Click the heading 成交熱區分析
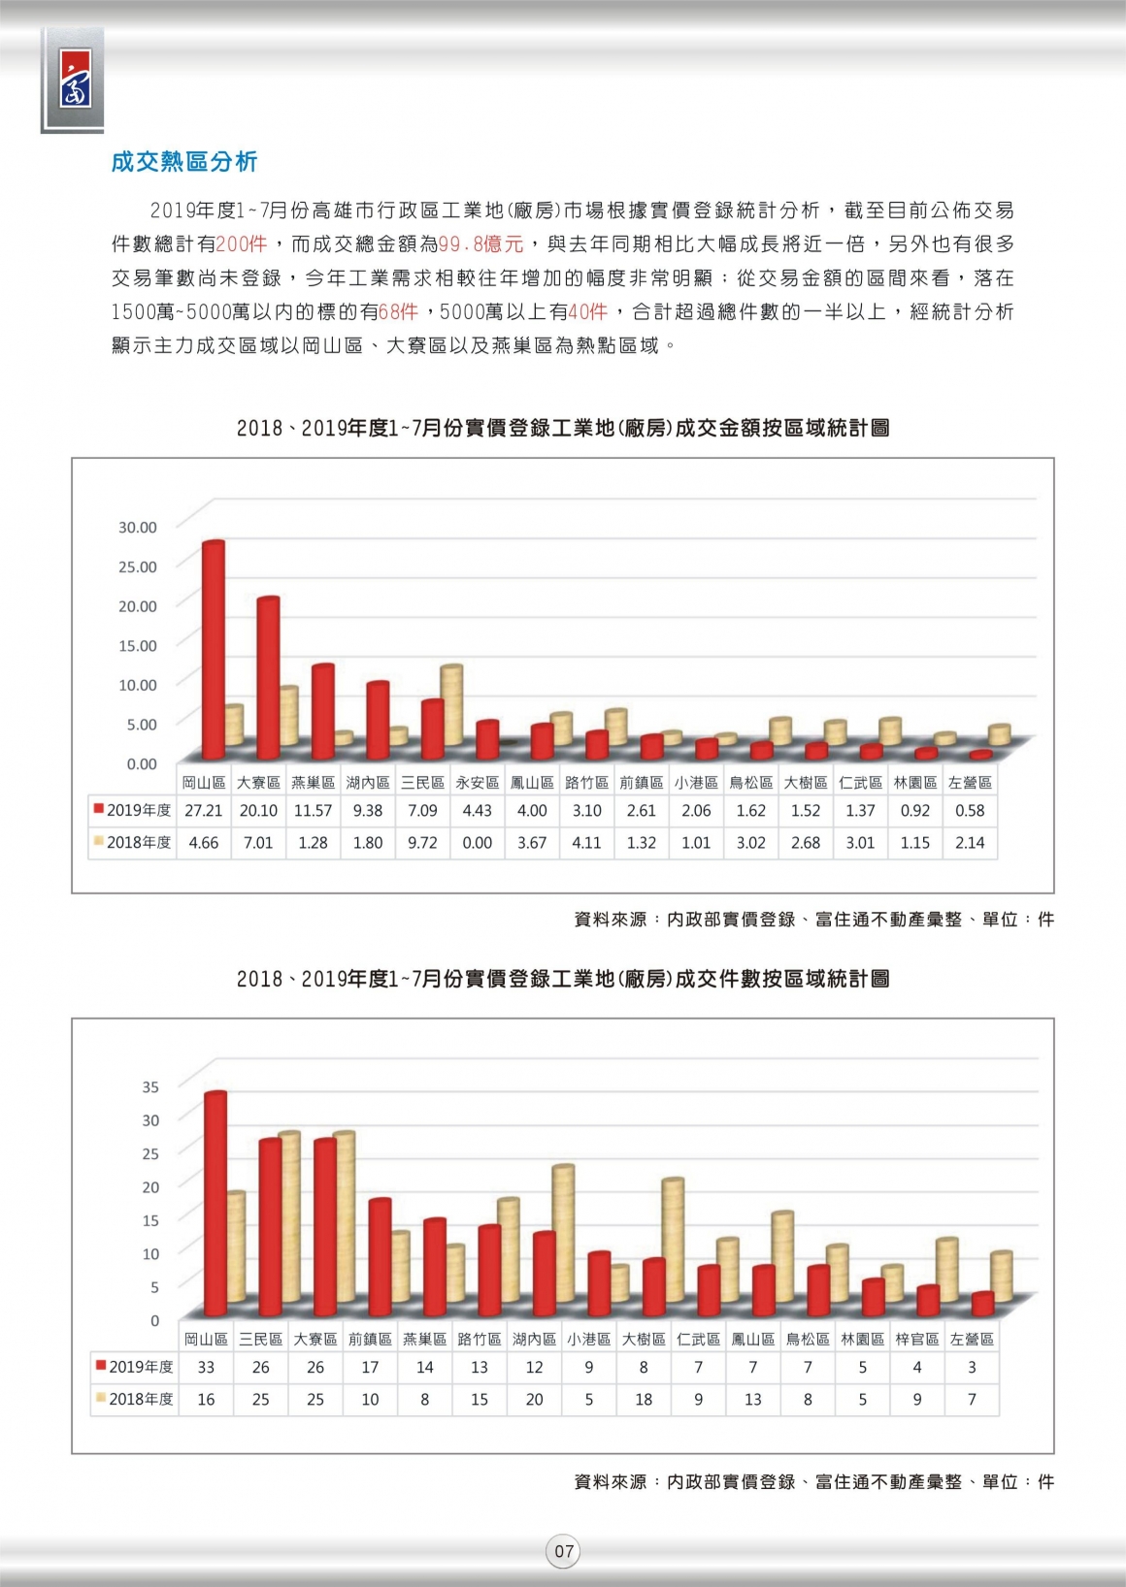coord(184,162)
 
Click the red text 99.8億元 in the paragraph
coord(480,244)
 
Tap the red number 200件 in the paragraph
coord(241,244)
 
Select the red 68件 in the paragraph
coord(399,311)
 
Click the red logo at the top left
coord(75,79)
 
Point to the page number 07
coord(564,1551)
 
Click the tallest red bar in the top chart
coord(214,650)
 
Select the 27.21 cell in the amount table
coord(204,811)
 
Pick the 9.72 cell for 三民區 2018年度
coord(422,843)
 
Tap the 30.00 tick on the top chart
coord(138,527)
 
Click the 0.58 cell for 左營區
coord(970,811)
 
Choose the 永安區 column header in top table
coord(478,783)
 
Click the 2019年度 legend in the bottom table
coord(134,1367)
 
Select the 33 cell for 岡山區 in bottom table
coord(206,1368)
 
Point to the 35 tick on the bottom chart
coord(151,1086)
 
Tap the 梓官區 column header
coord(917,1339)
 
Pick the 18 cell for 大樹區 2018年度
coord(644,1399)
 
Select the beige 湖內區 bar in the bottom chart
coord(563,1234)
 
